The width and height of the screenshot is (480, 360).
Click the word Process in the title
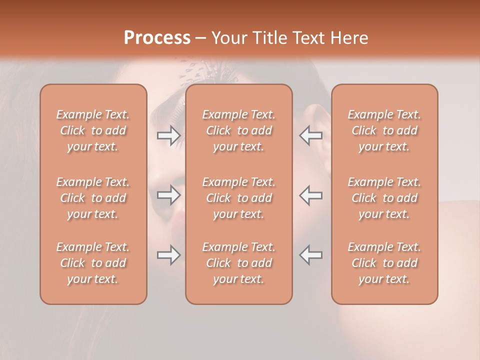click(x=157, y=38)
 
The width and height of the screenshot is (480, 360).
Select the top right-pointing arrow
click(x=169, y=135)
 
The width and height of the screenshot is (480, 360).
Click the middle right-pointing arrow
click(x=169, y=194)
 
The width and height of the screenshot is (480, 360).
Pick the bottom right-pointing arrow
click(x=169, y=255)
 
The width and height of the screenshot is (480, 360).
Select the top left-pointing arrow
click(x=310, y=135)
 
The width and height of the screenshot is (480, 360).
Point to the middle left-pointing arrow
click(x=310, y=194)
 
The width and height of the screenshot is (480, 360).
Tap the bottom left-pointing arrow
click(x=310, y=255)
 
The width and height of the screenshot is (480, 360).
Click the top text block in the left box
click(x=93, y=130)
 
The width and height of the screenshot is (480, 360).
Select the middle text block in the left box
click(x=93, y=198)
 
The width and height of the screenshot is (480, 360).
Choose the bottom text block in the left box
click(x=93, y=263)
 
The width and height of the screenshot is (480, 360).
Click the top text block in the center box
click(x=238, y=130)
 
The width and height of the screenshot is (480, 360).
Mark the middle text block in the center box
click(x=238, y=198)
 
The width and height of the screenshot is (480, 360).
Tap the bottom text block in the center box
click(x=238, y=263)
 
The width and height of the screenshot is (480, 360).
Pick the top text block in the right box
click(x=384, y=130)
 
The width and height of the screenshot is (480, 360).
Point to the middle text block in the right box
click(x=384, y=198)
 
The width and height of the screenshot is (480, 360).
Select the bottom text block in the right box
click(x=384, y=263)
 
